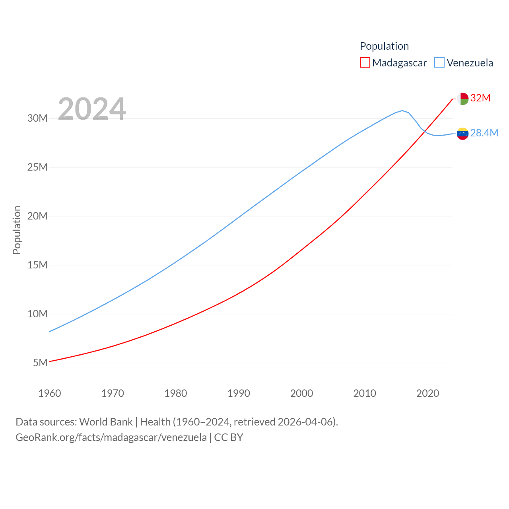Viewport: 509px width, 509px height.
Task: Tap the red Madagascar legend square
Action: pyautogui.click(x=365, y=63)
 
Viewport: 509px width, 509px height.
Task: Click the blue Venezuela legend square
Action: pyautogui.click(x=439, y=63)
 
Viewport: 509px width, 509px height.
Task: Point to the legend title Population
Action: pyautogui.click(x=384, y=46)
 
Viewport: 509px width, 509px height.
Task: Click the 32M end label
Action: pyautogui.click(x=480, y=98)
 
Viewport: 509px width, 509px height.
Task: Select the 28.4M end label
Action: pyautogui.click(x=484, y=133)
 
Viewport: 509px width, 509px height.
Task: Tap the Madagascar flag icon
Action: pyautogui.click(x=462, y=99)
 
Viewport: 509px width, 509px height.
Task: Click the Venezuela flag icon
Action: pyautogui.click(x=462, y=134)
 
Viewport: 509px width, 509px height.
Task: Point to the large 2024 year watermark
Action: pyautogui.click(x=92, y=109)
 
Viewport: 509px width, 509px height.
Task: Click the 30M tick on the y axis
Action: pyautogui.click(x=37, y=118)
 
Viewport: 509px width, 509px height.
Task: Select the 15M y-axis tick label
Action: pyautogui.click(x=37, y=265)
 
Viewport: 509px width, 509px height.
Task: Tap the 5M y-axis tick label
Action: pyautogui.click(x=40, y=363)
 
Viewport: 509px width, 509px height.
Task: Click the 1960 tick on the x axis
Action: pyautogui.click(x=50, y=393)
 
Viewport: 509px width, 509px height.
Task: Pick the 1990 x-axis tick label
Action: pyautogui.click(x=239, y=393)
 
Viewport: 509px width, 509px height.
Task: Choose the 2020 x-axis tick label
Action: pyautogui.click(x=427, y=393)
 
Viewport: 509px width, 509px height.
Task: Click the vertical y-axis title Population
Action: pyautogui.click(x=17, y=230)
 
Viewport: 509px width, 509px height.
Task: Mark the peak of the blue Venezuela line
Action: pyautogui.click(x=402, y=111)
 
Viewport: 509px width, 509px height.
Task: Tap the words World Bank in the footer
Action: pyautogui.click(x=106, y=422)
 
